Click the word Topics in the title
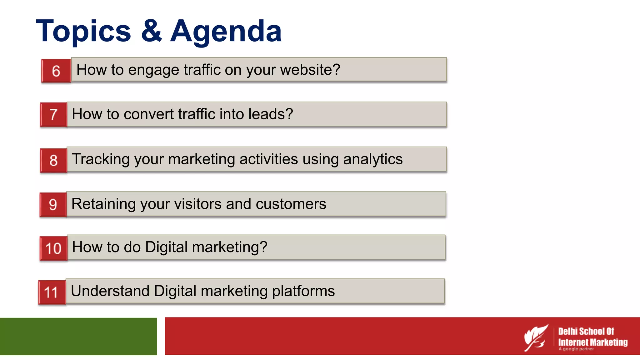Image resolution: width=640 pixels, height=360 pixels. [x=83, y=31]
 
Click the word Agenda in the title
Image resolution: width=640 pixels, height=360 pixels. [x=226, y=31]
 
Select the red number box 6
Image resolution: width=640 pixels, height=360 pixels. [x=56, y=71]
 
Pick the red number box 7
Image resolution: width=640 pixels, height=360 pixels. [x=54, y=114]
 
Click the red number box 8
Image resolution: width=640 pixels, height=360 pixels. [x=54, y=160]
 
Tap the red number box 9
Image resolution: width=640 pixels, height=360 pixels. [x=53, y=205]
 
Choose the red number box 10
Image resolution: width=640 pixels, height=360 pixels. [x=53, y=248]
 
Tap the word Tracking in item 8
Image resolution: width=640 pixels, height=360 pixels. [x=101, y=159]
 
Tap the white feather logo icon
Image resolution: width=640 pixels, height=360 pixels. [x=536, y=337]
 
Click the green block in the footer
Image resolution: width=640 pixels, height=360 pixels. [x=78, y=336]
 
